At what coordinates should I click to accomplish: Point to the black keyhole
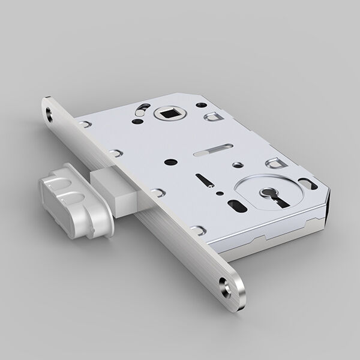(264, 196)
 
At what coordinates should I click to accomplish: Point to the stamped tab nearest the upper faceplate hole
(88, 122)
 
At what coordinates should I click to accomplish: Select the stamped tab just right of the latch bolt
(158, 192)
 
